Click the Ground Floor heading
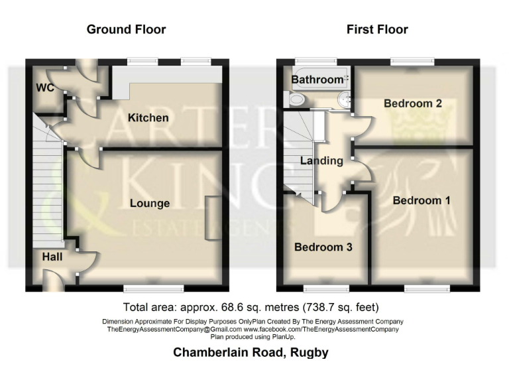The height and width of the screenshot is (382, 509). coord(126,29)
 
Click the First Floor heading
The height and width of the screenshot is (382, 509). coord(377,29)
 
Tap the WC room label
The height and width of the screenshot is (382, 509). coord(44,88)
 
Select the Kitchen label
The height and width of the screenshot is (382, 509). coord(148,118)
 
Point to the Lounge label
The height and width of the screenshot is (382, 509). coord(150,203)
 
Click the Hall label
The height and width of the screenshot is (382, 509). coord(52,256)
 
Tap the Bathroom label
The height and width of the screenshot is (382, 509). coord(317,80)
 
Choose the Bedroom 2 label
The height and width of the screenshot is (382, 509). coord(413,103)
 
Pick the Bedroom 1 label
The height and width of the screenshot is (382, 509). coord(422,200)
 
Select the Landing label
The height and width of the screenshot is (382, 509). coord(321,160)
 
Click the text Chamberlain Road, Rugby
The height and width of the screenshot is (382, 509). coord(251,352)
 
